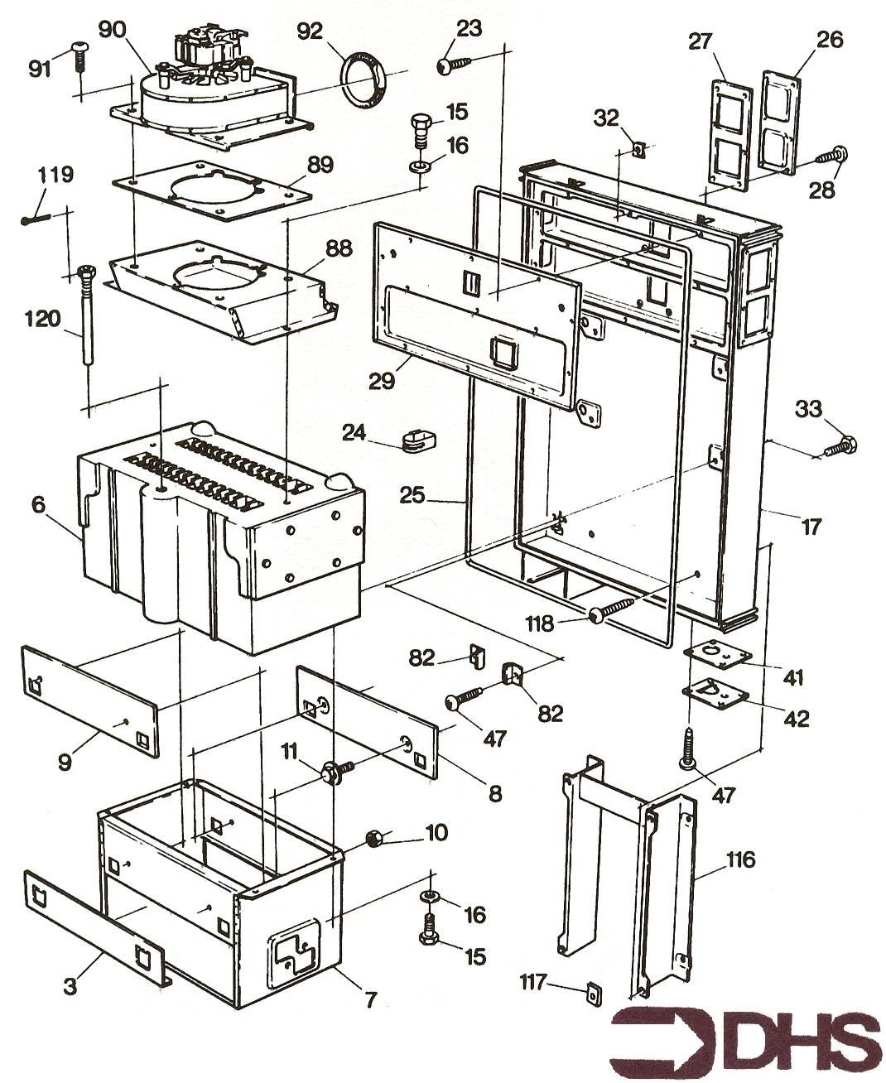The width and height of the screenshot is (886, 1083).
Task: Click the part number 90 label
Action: (112, 30)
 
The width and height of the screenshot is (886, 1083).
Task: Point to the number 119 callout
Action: (56, 174)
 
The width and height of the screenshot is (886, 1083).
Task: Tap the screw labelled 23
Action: (454, 65)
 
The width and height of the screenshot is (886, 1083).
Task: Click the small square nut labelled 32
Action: (638, 150)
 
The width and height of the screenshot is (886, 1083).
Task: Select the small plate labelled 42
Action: (716, 693)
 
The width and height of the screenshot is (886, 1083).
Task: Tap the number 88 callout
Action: (339, 248)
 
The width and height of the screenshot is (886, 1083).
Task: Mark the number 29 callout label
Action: (382, 381)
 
